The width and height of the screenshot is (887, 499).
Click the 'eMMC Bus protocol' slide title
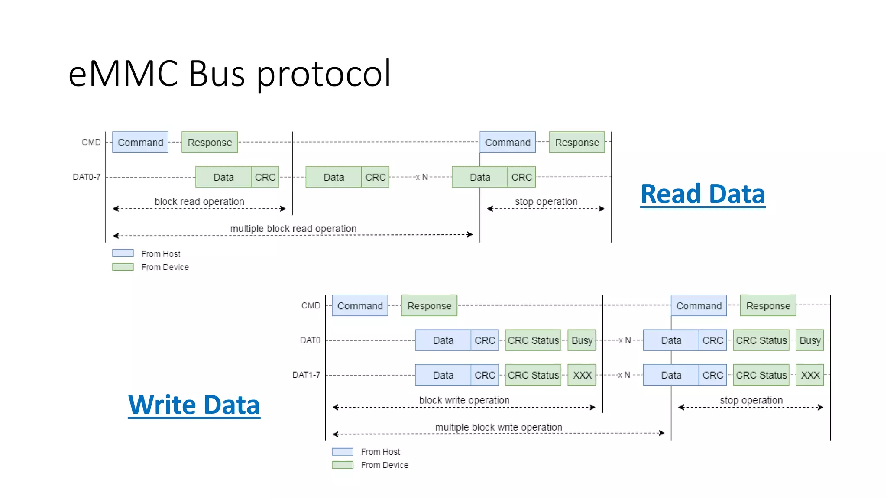pos(230,74)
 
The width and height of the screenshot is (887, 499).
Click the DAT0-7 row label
pos(87,177)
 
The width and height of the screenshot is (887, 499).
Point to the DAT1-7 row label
pos(306,375)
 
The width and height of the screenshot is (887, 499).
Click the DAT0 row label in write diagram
pos(310,340)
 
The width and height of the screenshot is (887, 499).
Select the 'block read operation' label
pos(199,201)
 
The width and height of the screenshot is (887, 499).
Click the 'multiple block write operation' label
pos(499,427)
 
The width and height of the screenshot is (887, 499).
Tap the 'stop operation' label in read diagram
pos(546,201)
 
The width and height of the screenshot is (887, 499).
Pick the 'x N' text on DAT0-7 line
pos(422,177)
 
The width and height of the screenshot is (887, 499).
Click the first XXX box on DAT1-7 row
pos(582,375)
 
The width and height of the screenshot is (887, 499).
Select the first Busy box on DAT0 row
pos(582,340)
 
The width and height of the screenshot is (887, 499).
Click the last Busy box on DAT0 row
pos(810,340)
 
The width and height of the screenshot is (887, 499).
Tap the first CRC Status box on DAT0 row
pos(533,340)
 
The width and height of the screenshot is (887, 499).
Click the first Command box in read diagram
pos(140,142)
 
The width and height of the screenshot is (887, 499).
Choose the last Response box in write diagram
pos(768,305)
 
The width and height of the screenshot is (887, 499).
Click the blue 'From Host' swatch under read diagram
pos(123,253)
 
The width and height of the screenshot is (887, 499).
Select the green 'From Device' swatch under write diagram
pos(343,465)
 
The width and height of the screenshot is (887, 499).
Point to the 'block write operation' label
pos(464,400)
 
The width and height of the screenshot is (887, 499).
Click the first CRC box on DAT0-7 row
pos(265,177)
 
